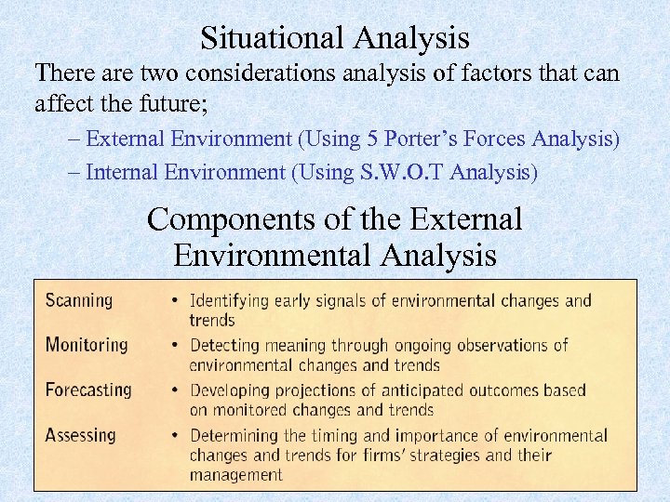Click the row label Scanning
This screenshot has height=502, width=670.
tap(79, 301)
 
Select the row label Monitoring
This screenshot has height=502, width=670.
tap(87, 345)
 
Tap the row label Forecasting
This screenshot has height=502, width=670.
tap(88, 390)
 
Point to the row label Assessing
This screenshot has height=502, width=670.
tap(81, 435)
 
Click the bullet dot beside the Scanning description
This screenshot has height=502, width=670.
tap(175, 301)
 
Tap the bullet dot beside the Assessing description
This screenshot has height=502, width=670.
tap(175, 435)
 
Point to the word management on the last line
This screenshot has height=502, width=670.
tap(235, 475)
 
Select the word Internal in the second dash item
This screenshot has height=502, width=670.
tap(122, 173)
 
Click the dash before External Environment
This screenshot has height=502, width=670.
tap(74, 139)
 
